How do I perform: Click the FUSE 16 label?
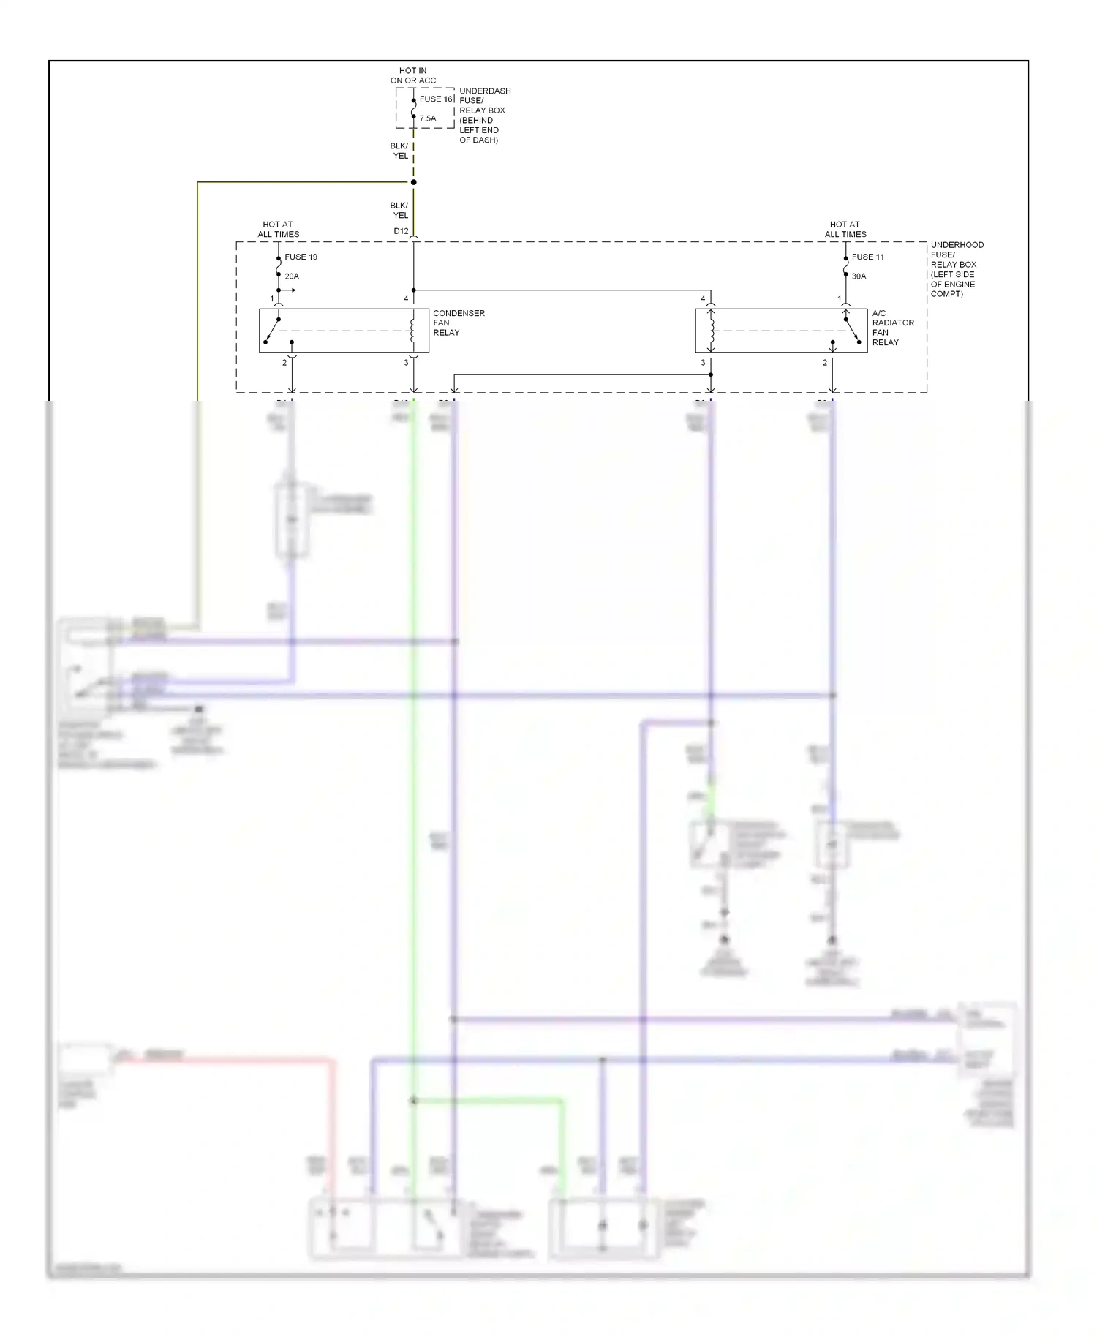[436, 99]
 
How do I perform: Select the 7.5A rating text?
[428, 118]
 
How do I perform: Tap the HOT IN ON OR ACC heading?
[413, 76]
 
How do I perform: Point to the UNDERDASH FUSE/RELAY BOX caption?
[484, 115]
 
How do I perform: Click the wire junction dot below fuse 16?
[414, 182]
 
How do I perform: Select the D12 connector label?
[401, 231]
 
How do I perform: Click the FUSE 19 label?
[301, 257]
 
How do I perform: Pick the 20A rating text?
[292, 276]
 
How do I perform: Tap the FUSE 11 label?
[867, 257]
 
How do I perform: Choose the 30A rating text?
[859, 276]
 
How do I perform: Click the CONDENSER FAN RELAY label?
[459, 323]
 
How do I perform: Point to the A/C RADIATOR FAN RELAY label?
[893, 328]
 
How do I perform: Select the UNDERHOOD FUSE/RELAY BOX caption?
[957, 269]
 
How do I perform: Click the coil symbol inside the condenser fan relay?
[413, 331]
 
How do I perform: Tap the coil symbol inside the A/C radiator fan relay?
[711, 331]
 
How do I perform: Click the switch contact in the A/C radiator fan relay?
[851, 329]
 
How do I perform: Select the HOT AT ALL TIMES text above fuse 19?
[278, 230]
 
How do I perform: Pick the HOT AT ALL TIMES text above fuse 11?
[845, 230]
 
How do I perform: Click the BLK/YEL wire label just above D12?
[399, 211]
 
